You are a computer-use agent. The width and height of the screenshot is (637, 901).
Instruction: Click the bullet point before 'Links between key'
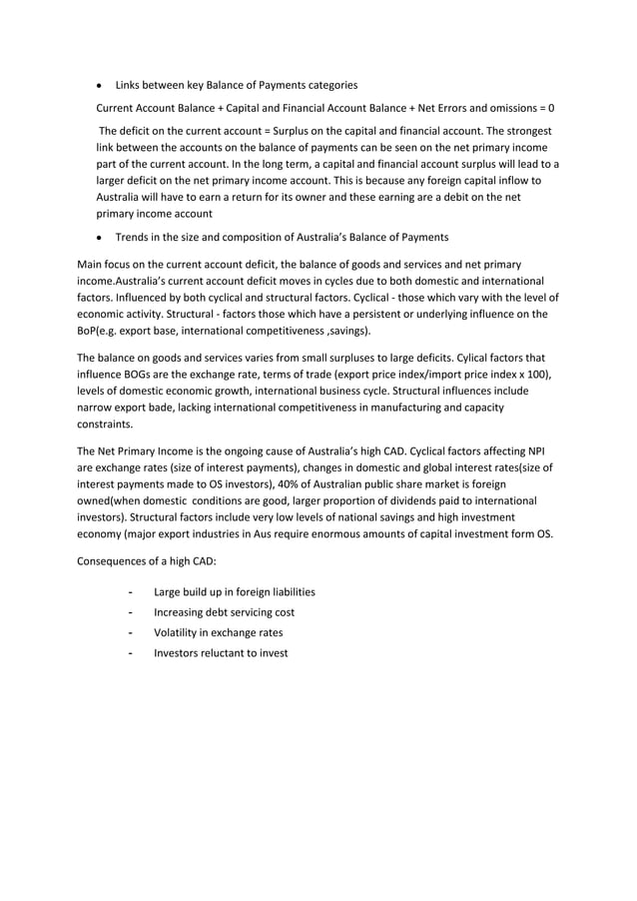coord(100,84)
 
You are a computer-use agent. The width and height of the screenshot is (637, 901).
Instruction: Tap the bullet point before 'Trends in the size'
coord(100,238)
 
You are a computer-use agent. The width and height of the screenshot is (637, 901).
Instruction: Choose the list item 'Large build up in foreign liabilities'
coord(235,592)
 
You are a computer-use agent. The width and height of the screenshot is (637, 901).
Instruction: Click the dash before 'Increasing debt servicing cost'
coord(132,612)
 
